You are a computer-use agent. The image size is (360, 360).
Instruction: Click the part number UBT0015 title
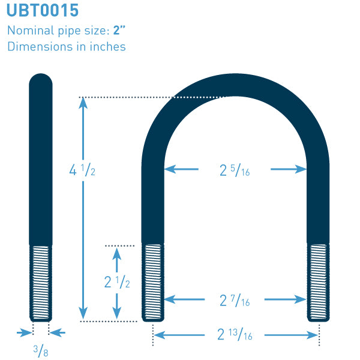coord(43,10)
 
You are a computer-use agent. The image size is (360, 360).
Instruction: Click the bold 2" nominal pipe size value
coord(119,30)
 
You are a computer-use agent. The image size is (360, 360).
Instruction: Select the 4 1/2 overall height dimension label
coord(82,170)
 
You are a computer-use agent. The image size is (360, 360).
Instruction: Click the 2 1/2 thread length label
coord(117,282)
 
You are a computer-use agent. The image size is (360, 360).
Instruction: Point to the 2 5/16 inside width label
coord(235,170)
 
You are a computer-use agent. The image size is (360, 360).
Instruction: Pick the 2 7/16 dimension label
coord(235,301)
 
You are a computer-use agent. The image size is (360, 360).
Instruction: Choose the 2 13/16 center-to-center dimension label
coord(235,334)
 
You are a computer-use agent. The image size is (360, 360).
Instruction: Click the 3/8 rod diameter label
coord(41,350)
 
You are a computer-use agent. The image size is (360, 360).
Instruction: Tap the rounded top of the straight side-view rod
coord(41,79)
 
